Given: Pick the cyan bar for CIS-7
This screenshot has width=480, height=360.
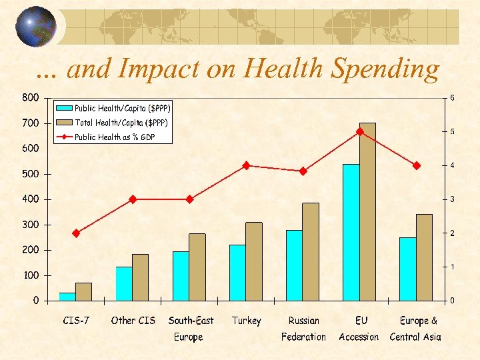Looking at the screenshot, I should (67, 297).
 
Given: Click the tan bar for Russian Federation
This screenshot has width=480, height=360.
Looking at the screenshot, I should (311, 251).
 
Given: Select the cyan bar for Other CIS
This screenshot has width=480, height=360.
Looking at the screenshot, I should (124, 283).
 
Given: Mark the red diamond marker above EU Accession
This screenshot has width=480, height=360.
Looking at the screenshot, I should (359, 131).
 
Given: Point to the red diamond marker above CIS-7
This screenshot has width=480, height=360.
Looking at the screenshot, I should (76, 233).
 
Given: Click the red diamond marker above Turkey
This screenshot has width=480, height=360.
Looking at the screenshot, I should (246, 165).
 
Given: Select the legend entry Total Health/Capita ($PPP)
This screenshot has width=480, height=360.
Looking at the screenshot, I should (121, 123).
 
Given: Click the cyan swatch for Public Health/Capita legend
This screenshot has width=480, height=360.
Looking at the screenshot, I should (65, 108).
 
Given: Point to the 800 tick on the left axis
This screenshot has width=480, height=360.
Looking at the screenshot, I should (30, 98).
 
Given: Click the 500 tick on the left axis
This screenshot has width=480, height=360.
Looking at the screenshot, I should (30, 174).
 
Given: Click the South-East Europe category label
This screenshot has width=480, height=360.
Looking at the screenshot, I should (191, 329).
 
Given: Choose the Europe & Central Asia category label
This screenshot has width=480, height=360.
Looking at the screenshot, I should (416, 329).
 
